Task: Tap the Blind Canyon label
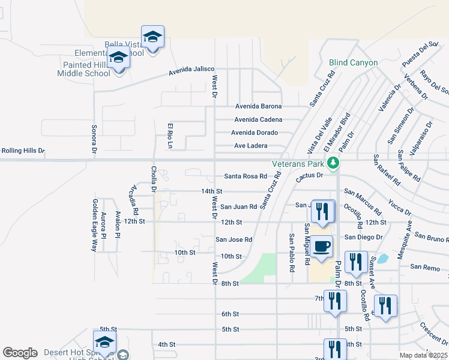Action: point(353,62)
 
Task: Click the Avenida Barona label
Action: point(258,106)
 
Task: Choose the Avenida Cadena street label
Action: point(258,119)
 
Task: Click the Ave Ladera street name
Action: point(250,146)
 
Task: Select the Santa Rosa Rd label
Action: point(245,176)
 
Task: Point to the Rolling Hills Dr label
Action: point(23,151)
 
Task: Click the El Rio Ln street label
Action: point(170,136)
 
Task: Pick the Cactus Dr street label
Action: point(309,175)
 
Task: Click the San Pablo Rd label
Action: point(292,253)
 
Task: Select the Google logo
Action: point(20,353)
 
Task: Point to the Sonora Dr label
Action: point(94,138)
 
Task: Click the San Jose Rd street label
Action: point(234,239)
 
